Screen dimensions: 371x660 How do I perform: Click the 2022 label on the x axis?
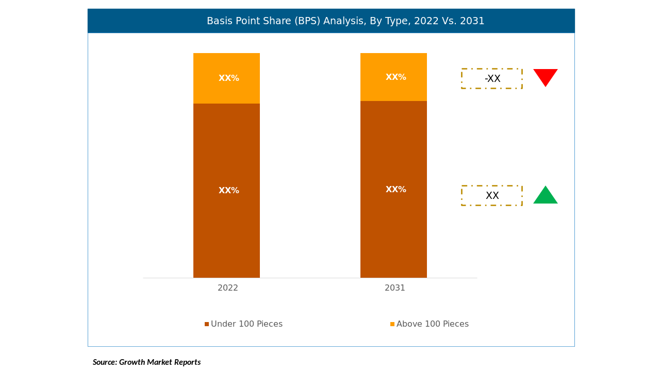coord(228,288)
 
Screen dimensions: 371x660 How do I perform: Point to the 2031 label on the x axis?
coord(395,288)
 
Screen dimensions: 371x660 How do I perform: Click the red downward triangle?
coord(545,77)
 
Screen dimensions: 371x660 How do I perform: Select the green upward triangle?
coord(545,196)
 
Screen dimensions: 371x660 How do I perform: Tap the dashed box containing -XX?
coord(492,79)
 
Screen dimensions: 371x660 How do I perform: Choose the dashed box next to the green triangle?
coord(492,196)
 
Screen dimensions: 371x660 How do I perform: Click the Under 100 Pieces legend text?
coord(246,324)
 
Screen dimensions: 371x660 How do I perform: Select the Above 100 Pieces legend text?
coord(432,324)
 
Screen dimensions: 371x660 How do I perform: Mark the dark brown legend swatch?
coord(207,324)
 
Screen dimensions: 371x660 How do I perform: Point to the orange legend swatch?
coord(392,324)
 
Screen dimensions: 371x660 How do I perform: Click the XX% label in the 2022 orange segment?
coord(229,78)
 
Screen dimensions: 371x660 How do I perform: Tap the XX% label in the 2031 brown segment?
coord(396,190)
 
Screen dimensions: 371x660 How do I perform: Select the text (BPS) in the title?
coord(308,21)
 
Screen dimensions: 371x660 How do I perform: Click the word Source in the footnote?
coord(104,362)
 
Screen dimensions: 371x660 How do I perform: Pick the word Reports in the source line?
coord(187,362)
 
